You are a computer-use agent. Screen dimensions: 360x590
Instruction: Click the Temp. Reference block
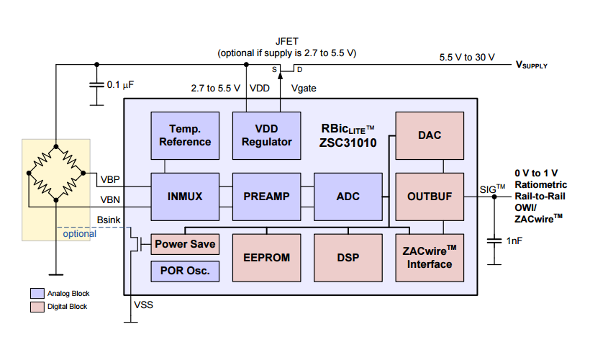tap(185, 135)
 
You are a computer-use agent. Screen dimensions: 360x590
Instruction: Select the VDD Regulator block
tap(266, 135)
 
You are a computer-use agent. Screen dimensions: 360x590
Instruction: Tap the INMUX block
tap(185, 197)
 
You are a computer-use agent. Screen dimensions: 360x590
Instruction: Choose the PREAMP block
tap(266, 197)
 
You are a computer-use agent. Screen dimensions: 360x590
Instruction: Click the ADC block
tap(348, 197)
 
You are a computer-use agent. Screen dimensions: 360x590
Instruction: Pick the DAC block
tap(429, 135)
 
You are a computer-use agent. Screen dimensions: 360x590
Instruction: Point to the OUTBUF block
tap(429, 197)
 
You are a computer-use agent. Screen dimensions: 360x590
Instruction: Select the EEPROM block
tap(266, 258)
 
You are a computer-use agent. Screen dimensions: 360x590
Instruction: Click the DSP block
tap(348, 258)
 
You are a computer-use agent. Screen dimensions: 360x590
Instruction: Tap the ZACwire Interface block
tap(429, 258)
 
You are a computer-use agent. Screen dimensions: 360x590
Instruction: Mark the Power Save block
tap(185, 244)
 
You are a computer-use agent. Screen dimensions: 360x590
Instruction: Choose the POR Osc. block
tap(185, 271)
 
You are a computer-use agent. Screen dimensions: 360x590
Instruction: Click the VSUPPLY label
tap(531, 65)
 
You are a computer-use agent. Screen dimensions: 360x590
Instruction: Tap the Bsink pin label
tap(109, 219)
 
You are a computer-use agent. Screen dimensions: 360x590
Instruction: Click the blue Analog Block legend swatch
tap(37, 294)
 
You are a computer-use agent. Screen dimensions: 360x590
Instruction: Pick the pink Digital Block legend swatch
tap(37, 307)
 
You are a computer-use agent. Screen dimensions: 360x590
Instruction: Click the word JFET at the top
tap(287, 41)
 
